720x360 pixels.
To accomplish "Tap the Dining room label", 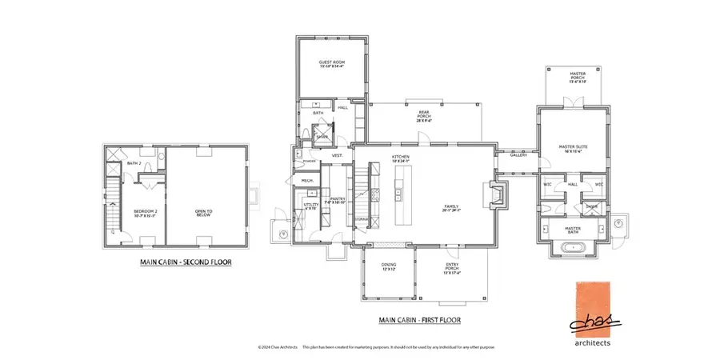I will coord(390,268).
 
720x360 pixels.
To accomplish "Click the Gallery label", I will coord(518,155).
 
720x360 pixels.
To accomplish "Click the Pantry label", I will coord(338,202).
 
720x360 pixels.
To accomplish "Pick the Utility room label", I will coord(311,206).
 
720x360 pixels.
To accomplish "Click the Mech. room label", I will coord(306,182).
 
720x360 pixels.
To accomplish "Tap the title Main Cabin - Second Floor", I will coord(183,261).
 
